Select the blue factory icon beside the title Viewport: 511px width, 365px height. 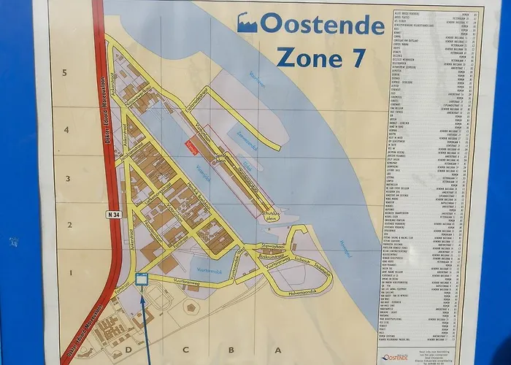pyautogui.click(x=247, y=23)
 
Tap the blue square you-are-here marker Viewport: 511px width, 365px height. pyautogui.click(x=142, y=278)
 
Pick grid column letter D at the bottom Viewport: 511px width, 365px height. pyautogui.click(x=135, y=349)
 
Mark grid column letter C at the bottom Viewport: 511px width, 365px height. pyautogui.click(x=185, y=349)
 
